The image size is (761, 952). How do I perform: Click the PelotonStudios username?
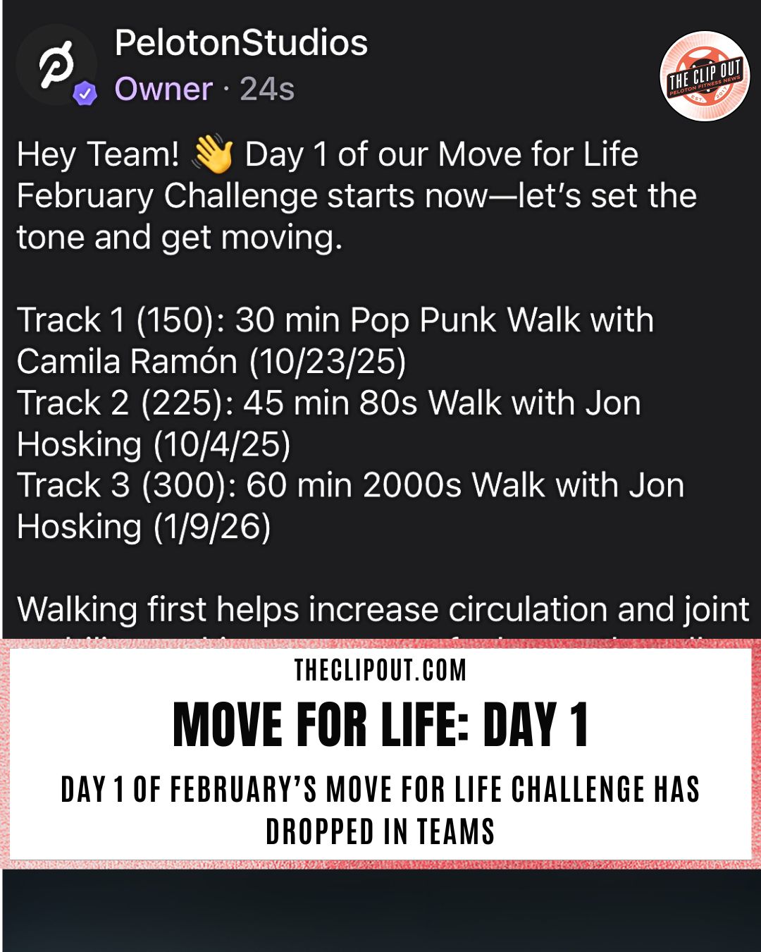pos(241,44)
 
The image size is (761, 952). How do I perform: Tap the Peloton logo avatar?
pos(56,64)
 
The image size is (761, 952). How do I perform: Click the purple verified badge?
pos(85,93)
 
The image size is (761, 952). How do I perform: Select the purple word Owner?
pos(163,90)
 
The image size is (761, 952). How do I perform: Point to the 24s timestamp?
pos(267,90)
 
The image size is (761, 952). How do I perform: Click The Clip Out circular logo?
pos(705,76)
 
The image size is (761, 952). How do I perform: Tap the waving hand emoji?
pos(213,154)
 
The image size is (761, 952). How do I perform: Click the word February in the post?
pos(85,196)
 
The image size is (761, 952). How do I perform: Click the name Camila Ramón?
pos(127,362)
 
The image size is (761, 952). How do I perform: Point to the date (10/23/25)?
pos(328,362)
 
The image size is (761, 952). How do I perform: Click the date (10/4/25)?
pos(222,445)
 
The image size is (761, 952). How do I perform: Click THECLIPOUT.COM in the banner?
pos(380,670)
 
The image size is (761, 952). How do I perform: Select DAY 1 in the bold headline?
pos(536,725)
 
